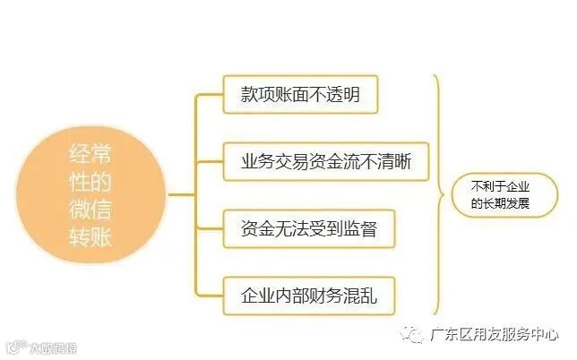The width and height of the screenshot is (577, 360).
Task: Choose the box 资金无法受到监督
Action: pyautogui.click(x=308, y=228)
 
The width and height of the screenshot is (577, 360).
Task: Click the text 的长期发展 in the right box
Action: pyautogui.click(x=501, y=203)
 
